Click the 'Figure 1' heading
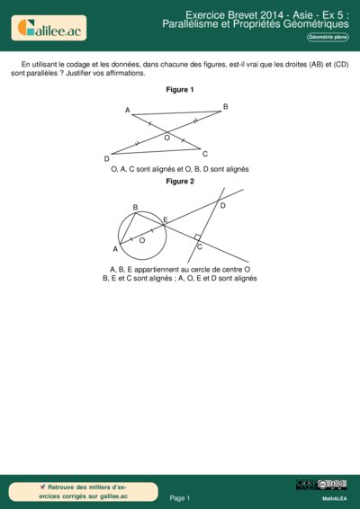click(x=180, y=90)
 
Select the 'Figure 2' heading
click(x=180, y=181)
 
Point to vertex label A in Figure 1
click(x=128, y=111)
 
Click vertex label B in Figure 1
click(x=226, y=107)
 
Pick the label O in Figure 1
click(x=166, y=138)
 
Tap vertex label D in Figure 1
click(x=106, y=158)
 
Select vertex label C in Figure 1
click(x=205, y=154)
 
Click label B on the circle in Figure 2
click(x=135, y=208)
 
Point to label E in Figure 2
click(x=165, y=219)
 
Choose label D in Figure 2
click(x=222, y=206)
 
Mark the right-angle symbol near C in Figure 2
click(x=197, y=237)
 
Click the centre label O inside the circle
click(x=142, y=240)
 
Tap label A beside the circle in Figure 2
click(x=115, y=248)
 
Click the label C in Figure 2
click(x=200, y=246)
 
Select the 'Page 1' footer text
click(x=180, y=497)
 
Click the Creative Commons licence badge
click(x=320, y=486)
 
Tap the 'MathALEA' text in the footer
click(x=335, y=497)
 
